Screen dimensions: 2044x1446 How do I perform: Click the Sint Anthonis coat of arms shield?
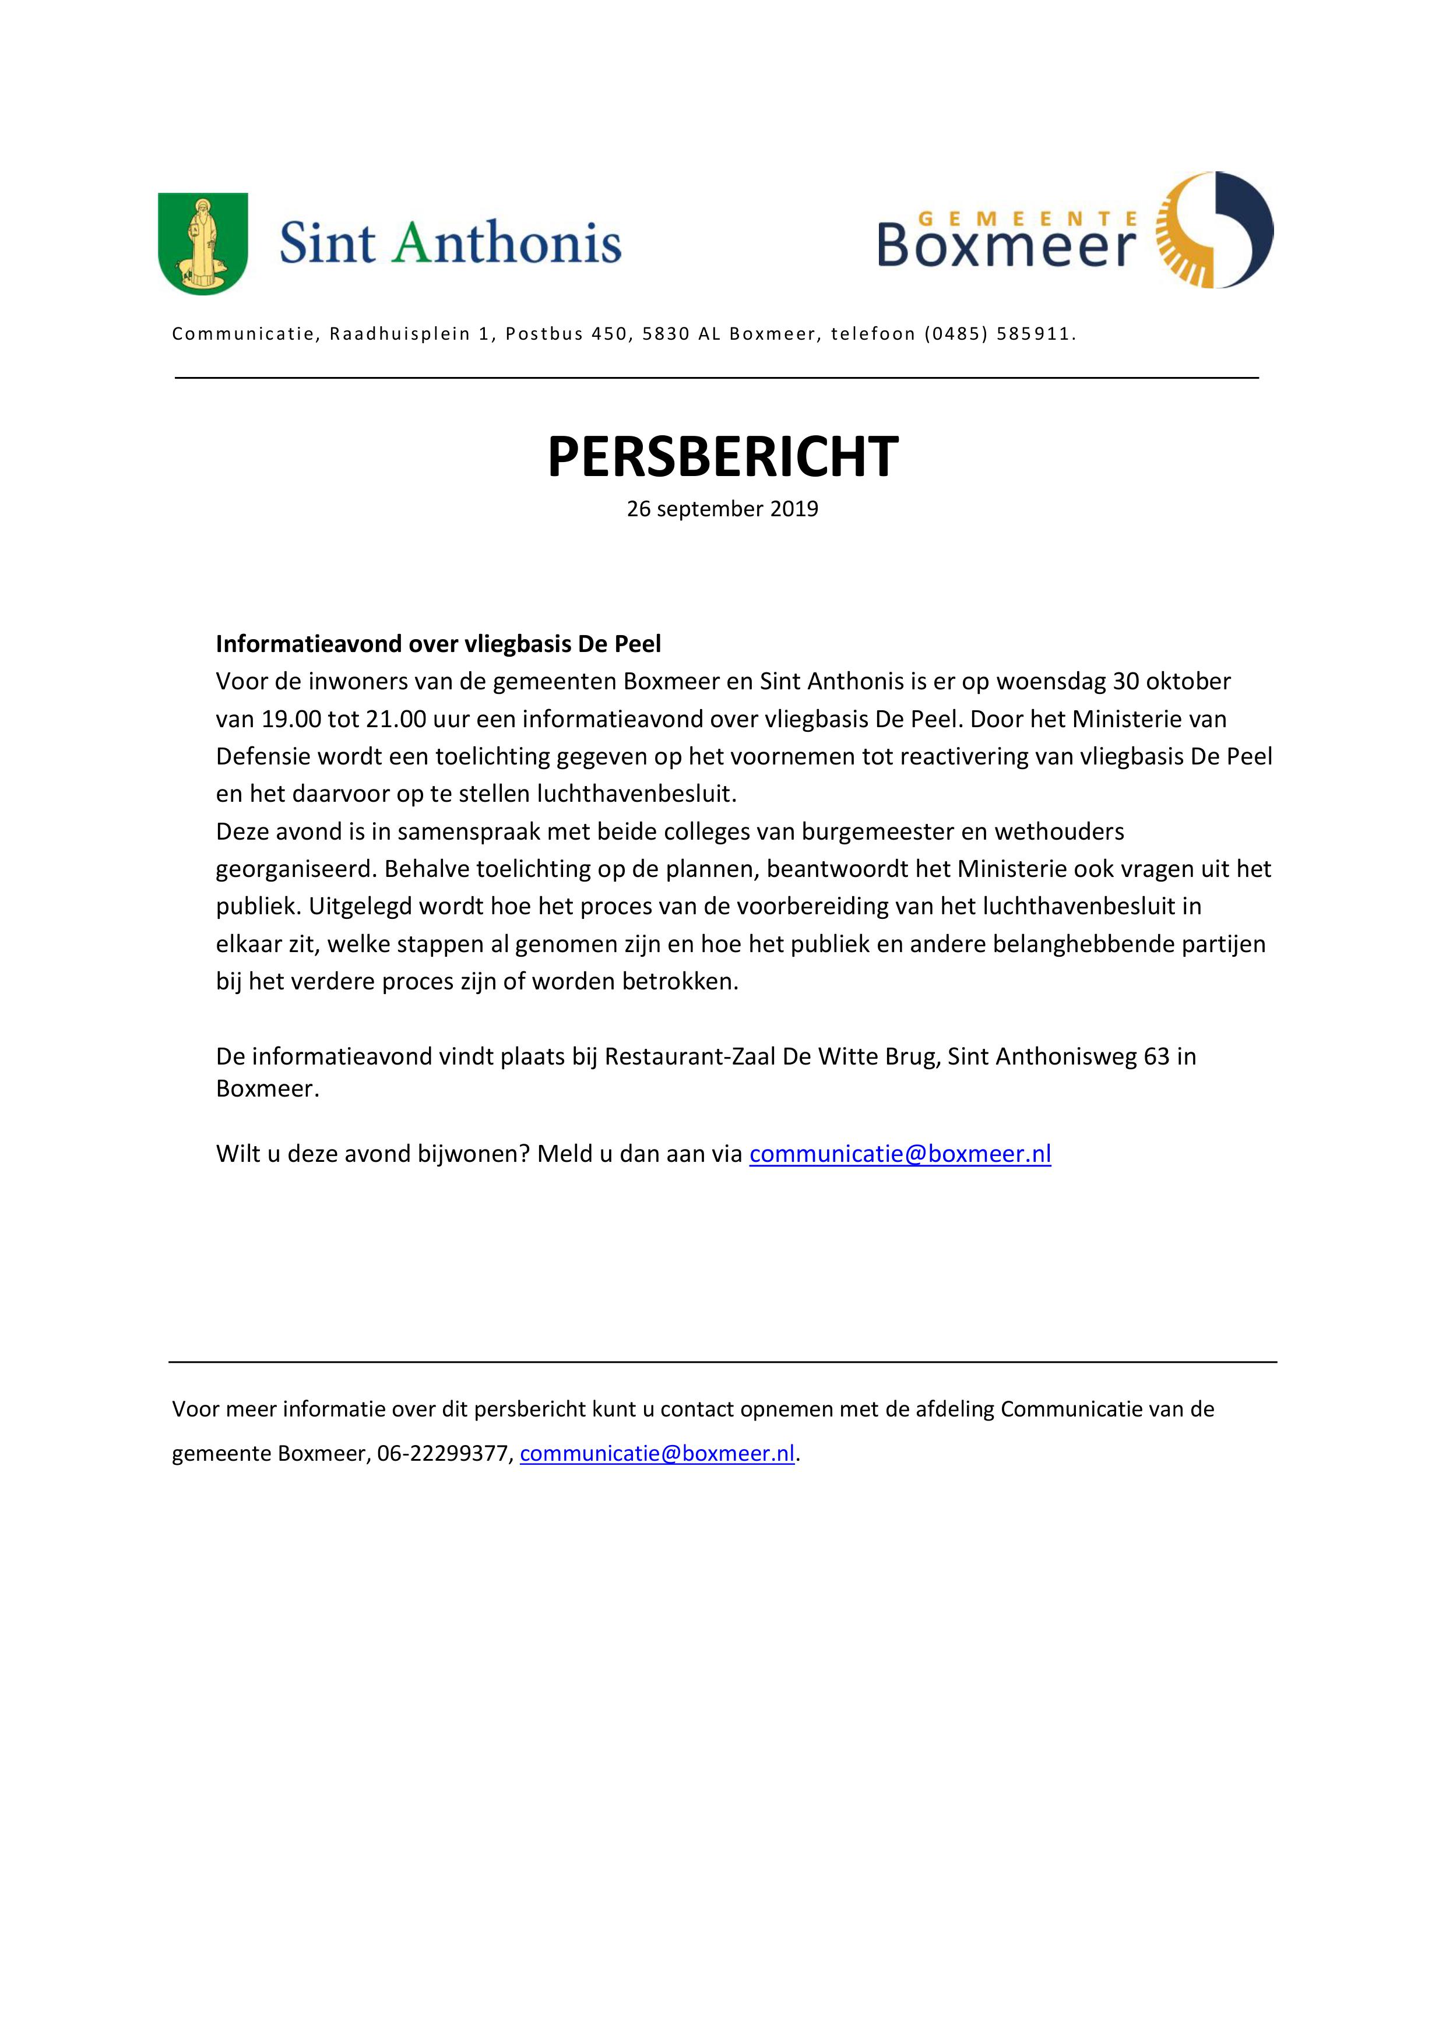[x=203, y=244]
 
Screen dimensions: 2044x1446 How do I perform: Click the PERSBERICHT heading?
[x=722, y=457]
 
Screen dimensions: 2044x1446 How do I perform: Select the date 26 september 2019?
[x=722, y=509]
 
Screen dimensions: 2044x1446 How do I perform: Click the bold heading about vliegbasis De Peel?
[x=438, y=644]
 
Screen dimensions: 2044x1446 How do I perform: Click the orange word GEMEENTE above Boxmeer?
[x=1026, y=217]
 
